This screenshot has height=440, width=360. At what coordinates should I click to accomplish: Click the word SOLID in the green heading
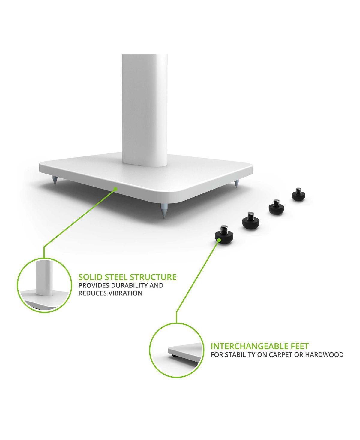[x=91, y=277]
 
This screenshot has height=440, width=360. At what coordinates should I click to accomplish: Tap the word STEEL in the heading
[x=116, y=277]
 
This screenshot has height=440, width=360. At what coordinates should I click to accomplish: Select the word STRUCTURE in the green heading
[x=153, y=277]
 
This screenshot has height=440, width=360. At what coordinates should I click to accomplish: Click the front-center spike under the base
[x=163, y=211]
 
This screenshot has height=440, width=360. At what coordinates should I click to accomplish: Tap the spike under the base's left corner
[x=55, y=181]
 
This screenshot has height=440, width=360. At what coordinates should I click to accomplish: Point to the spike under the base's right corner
[x=236, y=184]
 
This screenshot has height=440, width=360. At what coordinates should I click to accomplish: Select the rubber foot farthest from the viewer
[x=298, y=194]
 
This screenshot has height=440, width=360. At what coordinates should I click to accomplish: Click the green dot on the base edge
[x=115, y=189]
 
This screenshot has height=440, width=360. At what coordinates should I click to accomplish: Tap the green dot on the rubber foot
[x=219, y=240]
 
